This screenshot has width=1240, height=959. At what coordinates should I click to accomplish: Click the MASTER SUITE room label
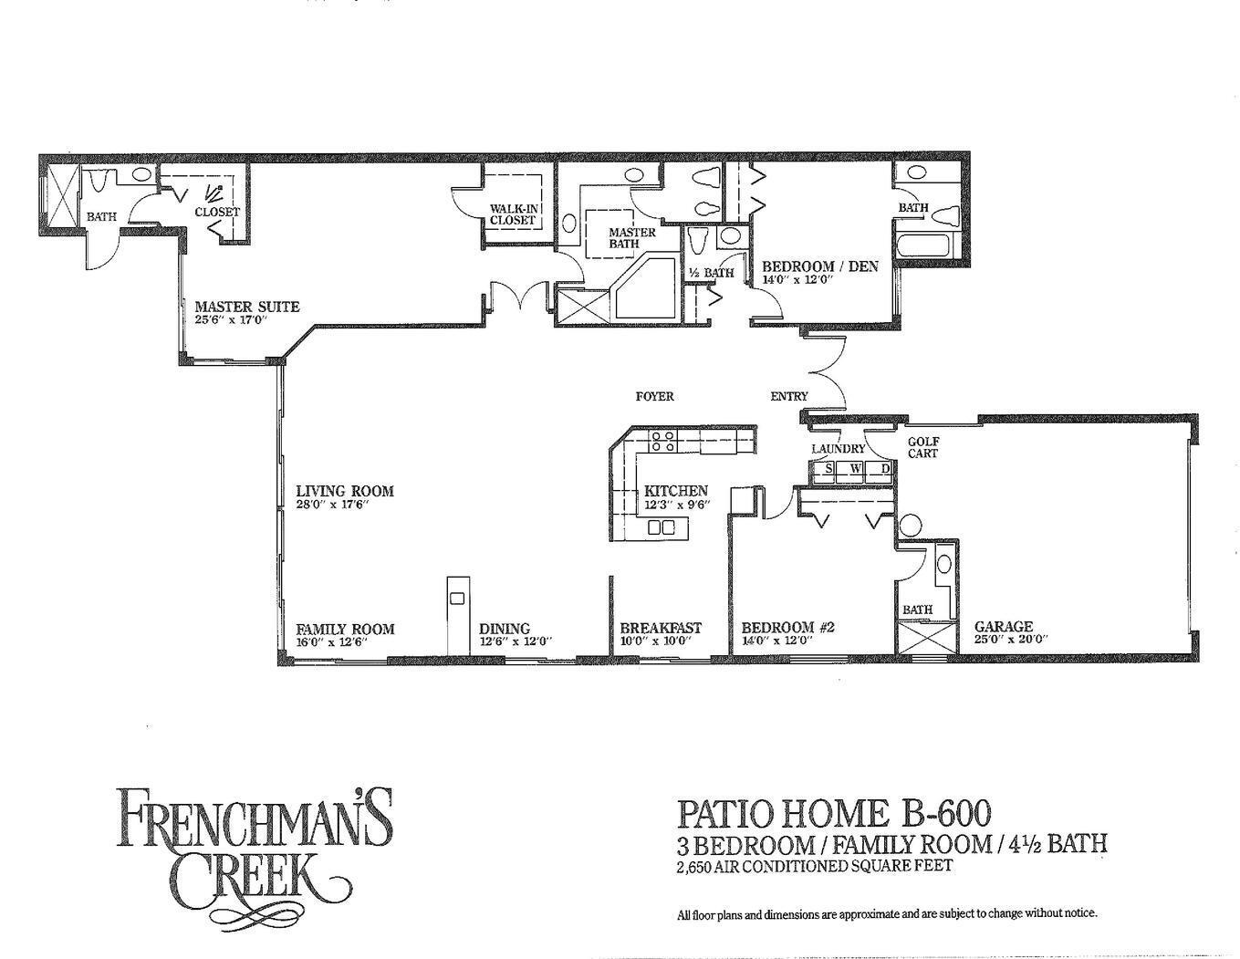(x=246, y=307)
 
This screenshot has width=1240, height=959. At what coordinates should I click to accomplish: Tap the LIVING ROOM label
(x=344, y=491)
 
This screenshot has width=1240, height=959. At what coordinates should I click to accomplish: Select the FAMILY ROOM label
(x=345, y=629)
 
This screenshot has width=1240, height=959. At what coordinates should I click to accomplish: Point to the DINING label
(x=505, y=629)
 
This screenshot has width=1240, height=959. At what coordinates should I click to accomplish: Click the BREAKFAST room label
(x=661, y=628)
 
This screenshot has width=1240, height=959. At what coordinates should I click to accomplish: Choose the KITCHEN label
(x=675, y=491)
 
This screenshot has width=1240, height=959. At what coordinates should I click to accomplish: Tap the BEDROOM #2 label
(x=788, y=628)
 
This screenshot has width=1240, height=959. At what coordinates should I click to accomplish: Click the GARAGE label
(x=1004, y=627)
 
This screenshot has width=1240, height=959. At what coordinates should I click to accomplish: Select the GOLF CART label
(x=922, y=447)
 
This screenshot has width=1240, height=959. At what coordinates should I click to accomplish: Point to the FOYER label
(x=654, y=396)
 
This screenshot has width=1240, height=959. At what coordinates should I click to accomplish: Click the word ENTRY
(x=788, y=396)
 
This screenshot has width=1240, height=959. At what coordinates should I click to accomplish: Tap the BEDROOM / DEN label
(x=819, y=266)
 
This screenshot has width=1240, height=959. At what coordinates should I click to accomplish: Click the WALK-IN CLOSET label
(x=513, y=214)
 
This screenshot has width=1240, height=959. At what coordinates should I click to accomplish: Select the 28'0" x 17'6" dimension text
(x=332, y=505)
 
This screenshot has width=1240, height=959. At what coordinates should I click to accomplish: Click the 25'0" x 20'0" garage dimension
(x=1010, y=640)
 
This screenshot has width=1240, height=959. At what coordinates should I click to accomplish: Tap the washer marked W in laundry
(x=855, y=469)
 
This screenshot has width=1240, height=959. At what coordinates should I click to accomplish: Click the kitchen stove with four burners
(x=662, y=443)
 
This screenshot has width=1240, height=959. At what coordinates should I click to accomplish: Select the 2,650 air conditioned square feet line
(x=814, y=866)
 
